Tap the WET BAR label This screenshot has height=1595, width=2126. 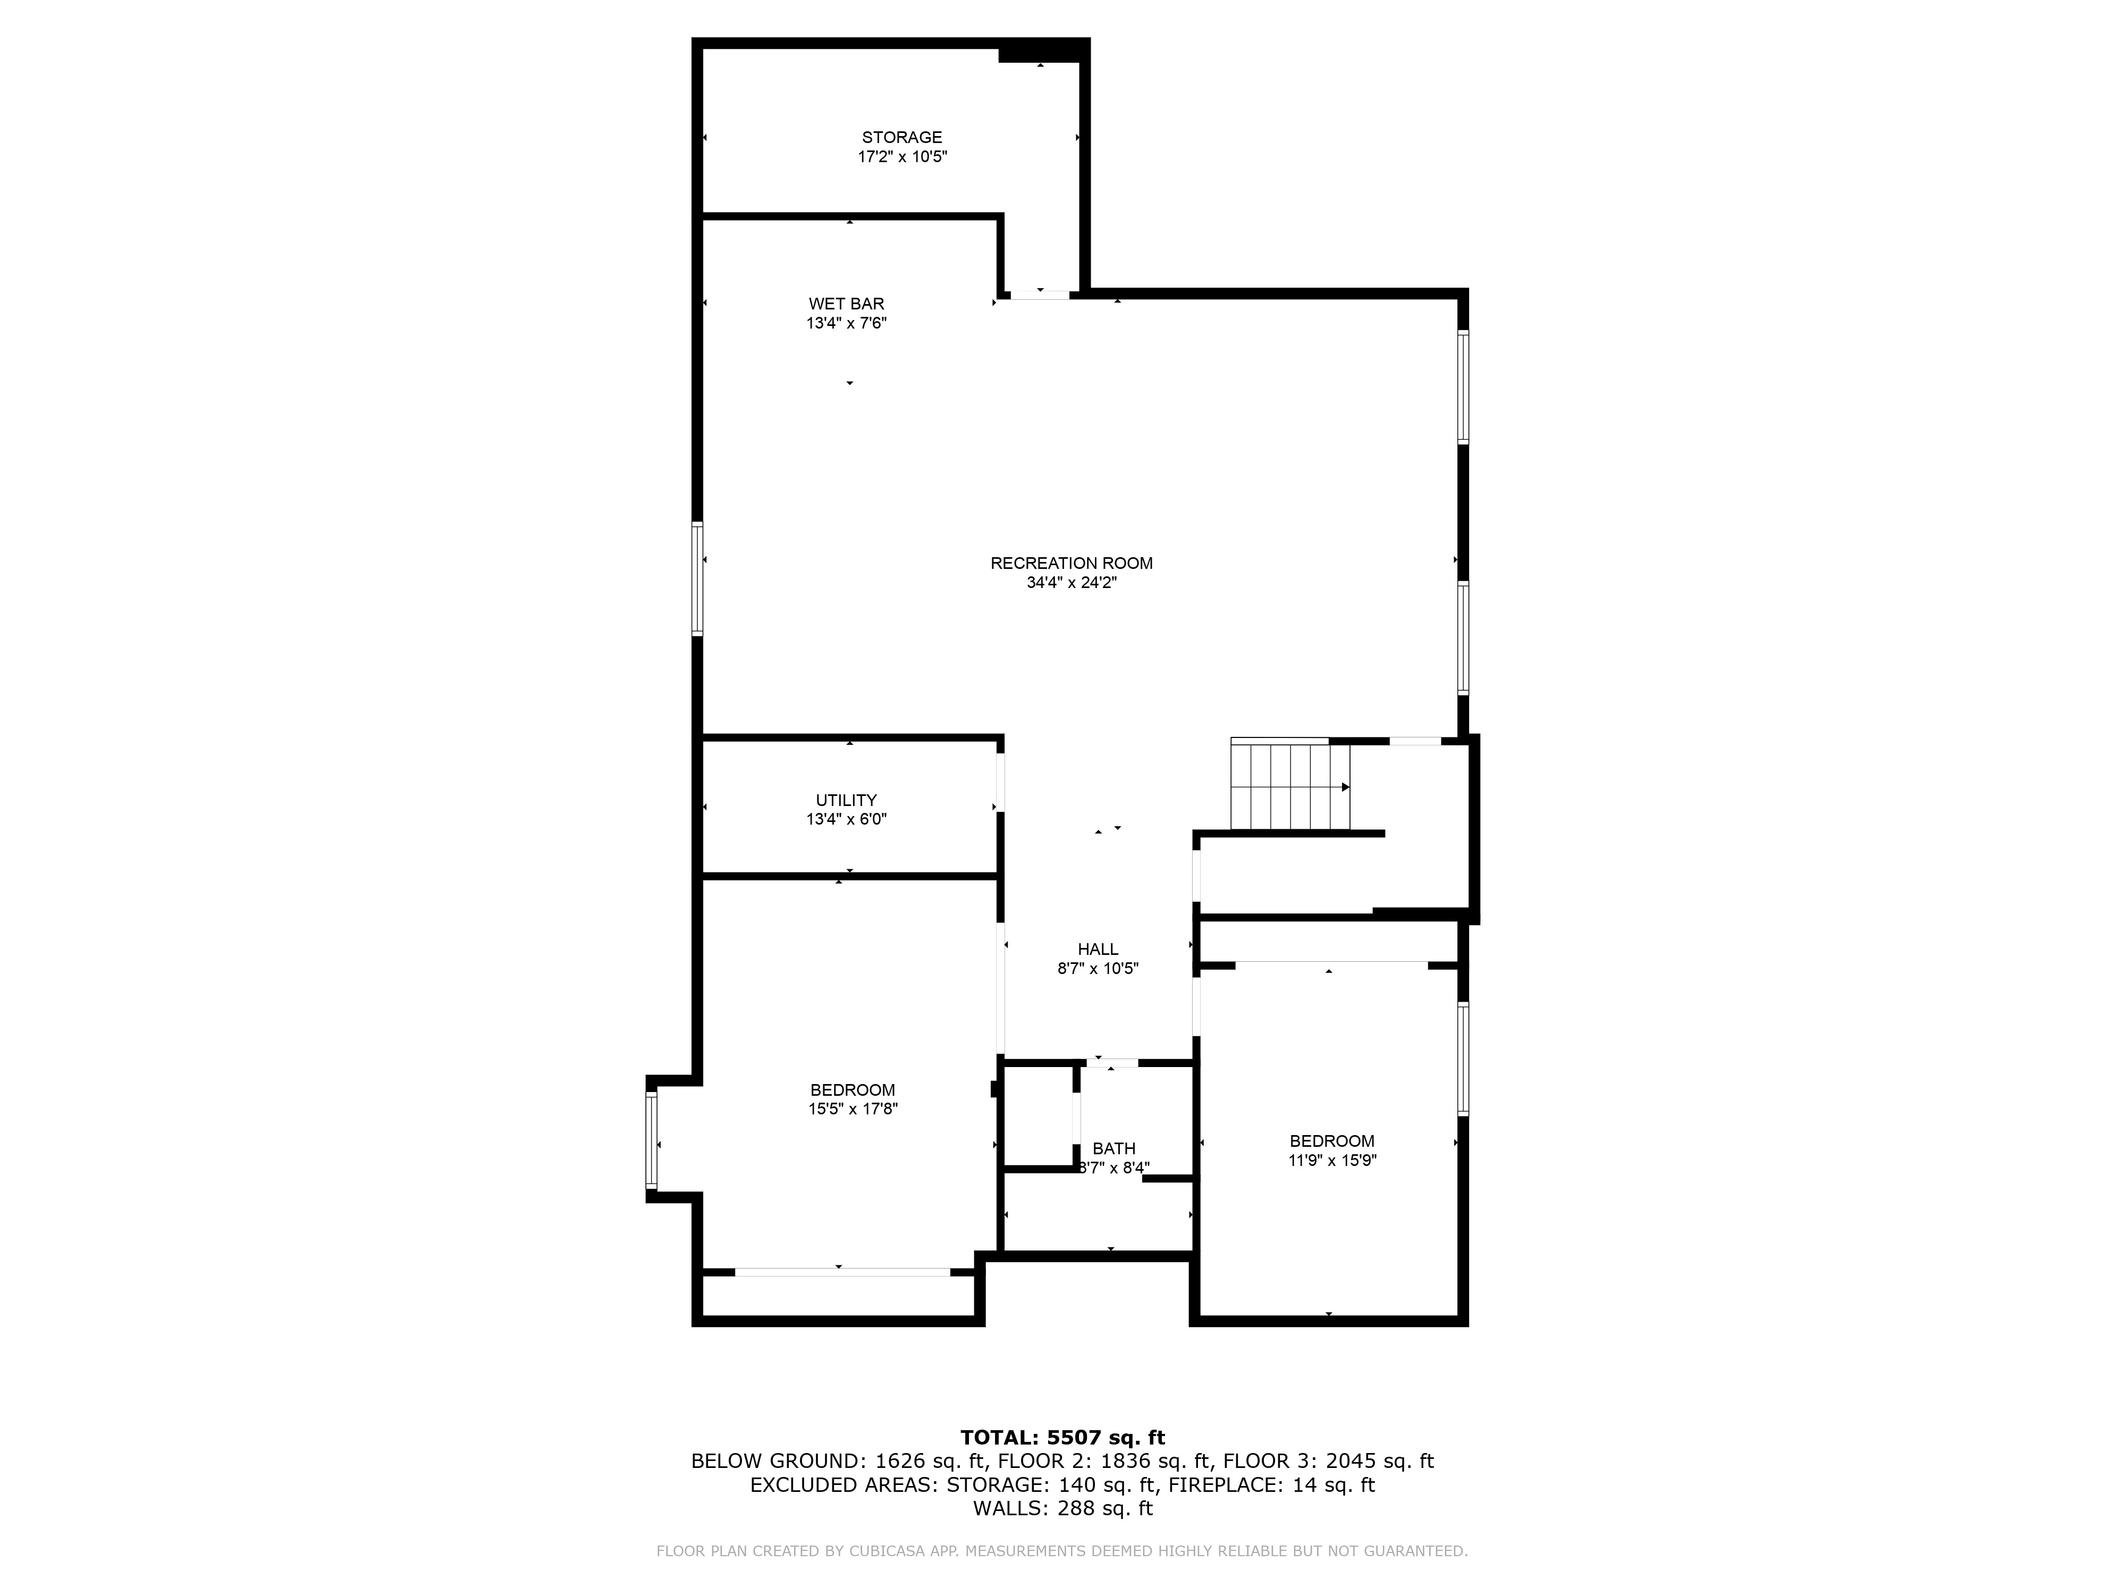point(846,304)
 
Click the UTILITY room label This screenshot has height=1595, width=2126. point(846,800)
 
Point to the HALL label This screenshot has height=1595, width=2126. point(1098,949)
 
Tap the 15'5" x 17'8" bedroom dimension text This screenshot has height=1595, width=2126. point(853,1109)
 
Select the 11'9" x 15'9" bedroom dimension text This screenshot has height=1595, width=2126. point(1332,1161)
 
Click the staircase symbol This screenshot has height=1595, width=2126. point(1290,785)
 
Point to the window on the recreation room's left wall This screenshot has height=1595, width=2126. point(698,579)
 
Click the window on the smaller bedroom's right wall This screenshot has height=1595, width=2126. point(1463,1059)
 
